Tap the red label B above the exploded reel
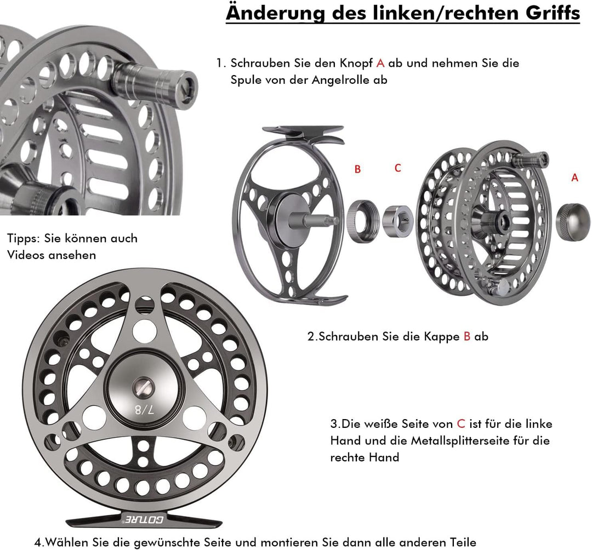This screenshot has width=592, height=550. coord(357,169)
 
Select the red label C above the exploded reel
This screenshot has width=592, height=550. coord(397,168)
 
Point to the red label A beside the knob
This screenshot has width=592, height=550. coord(574,177)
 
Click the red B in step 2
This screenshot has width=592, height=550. coord(467,336)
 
